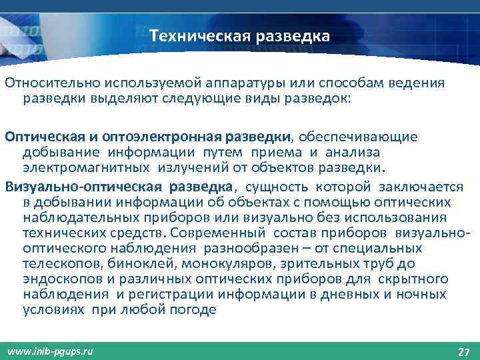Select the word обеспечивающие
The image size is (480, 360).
click(358, 137)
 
